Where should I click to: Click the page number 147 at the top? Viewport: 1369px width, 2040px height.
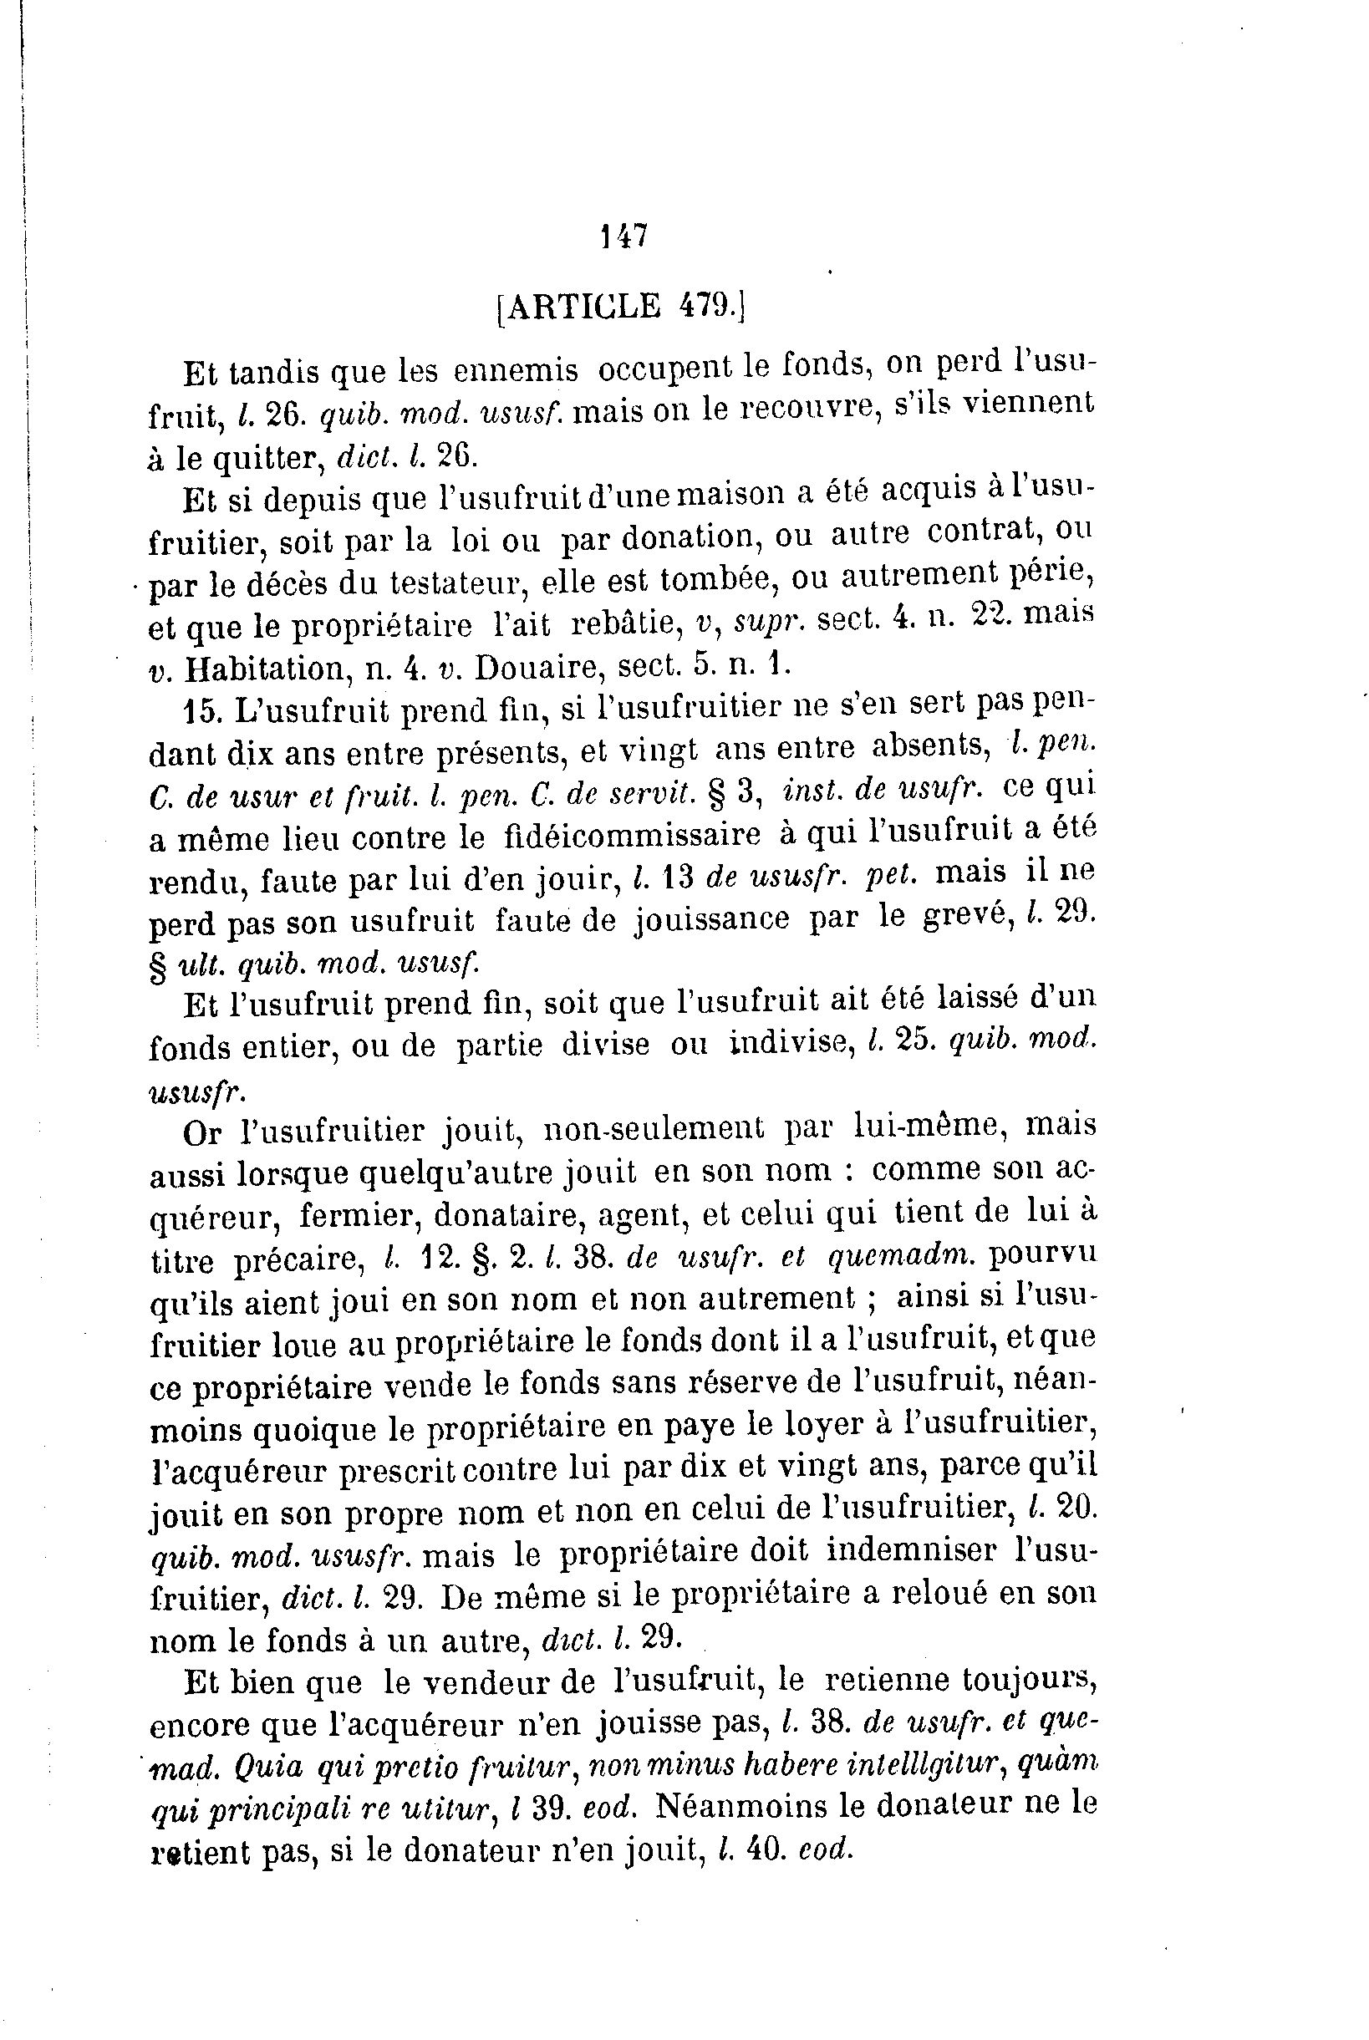coord(623,236)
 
